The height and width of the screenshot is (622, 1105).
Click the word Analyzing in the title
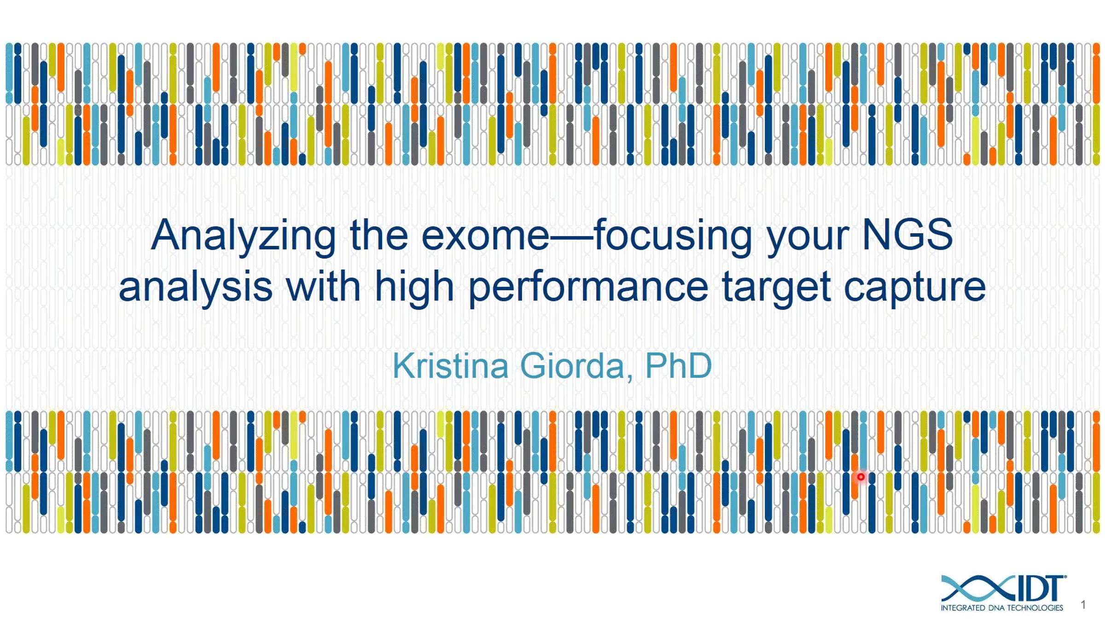pos(244,237)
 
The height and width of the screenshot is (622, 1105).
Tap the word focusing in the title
pos(673,237)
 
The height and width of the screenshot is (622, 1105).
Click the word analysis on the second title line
pos(196,287)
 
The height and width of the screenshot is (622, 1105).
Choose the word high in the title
pos(414,287)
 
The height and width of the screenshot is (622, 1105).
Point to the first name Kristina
pos(450,366)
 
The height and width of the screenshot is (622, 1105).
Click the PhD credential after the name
pos(678,366)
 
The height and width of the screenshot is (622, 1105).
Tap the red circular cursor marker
pos(861,477)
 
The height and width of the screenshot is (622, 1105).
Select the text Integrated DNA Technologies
pos(1002,608)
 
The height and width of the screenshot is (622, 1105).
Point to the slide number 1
pos(1083,604)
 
